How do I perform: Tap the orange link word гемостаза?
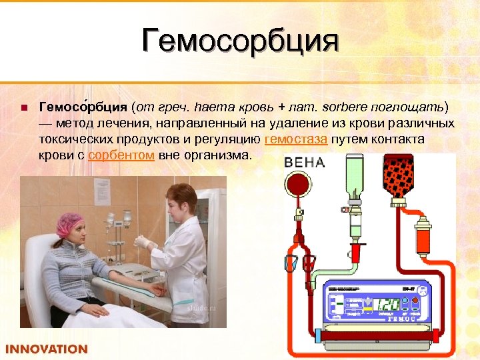coord(295,139)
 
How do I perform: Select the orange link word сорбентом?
coord(122,155)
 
